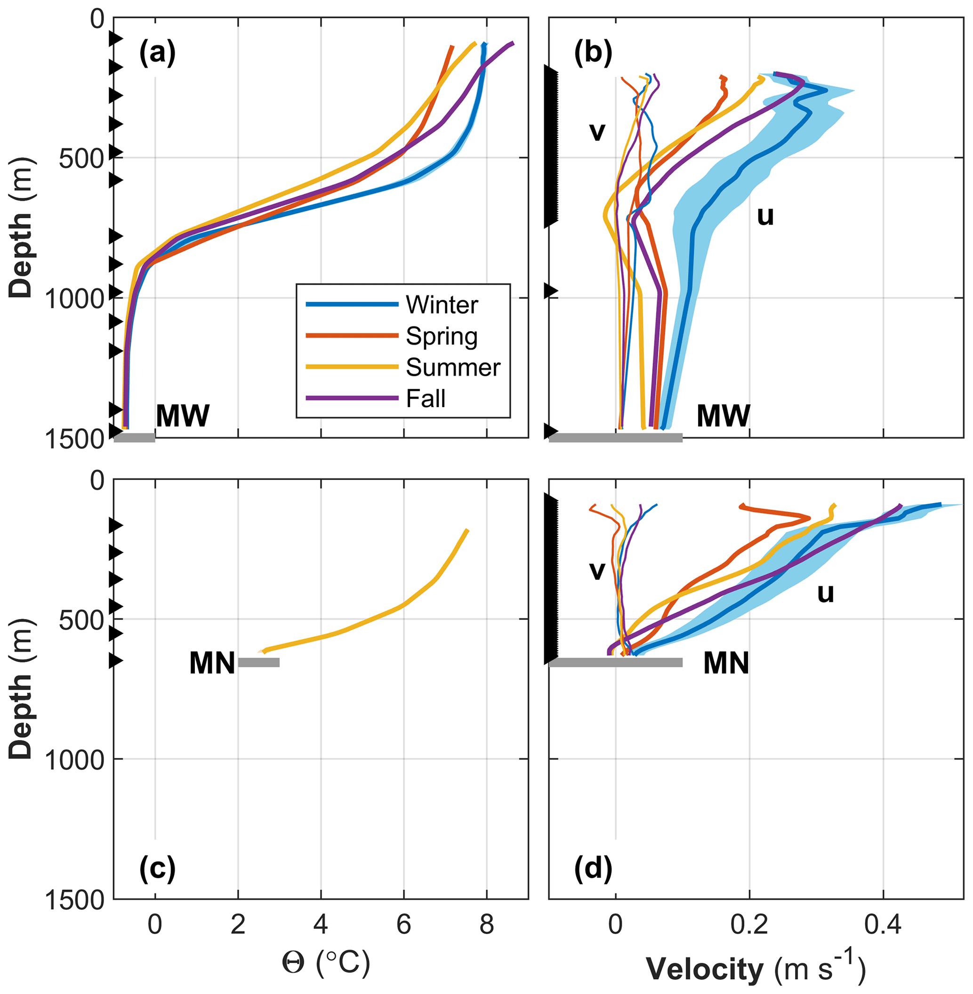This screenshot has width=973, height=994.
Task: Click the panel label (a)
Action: coord(157,53)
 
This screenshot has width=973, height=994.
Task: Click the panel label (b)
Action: coord(593,53)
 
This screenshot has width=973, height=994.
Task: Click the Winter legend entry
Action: coord(442,305)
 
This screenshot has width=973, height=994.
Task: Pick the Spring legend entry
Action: coord(442,336)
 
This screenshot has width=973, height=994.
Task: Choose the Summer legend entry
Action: coord(453,367)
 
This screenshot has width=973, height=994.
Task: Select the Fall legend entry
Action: coord(426,399)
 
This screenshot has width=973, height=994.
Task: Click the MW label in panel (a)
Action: coord(183,416)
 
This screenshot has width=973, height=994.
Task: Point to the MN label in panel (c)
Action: coord(212,664)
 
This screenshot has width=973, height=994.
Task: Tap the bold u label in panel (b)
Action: coord(765,217)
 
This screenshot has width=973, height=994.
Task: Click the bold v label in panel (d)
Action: coord(597,570)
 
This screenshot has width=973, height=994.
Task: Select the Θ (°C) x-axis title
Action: coord(326,963)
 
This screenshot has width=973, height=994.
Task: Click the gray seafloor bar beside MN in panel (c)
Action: coord(259,663)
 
